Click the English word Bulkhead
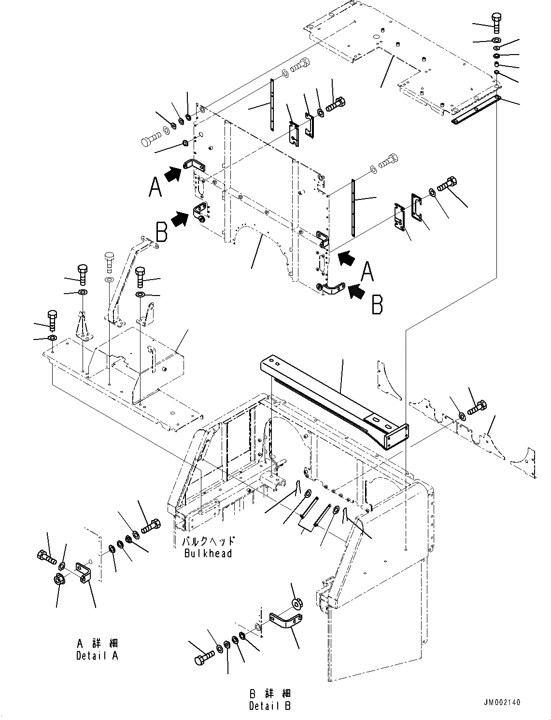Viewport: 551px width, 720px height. pos(208,553)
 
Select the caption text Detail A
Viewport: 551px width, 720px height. pos(97,656)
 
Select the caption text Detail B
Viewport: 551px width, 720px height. pos(270,706)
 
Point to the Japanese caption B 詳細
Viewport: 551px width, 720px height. pos(270,693)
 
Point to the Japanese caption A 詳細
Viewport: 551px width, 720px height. pos(97,643)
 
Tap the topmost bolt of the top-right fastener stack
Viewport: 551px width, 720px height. pos(497,22)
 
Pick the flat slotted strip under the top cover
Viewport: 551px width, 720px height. pos(476,110)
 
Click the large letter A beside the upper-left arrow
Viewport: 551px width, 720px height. pos(155,187)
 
